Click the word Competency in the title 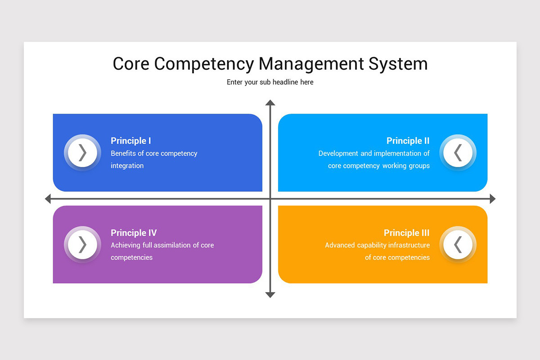pos(204,64)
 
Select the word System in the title pos(398,64)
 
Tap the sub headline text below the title pos(270,82)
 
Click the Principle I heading pos(131,141)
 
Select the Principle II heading pos(408,141)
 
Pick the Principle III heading pos(406,233)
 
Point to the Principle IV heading pos(134,233)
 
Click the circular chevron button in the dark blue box pos(82,153)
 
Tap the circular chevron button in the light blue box pos(458,153)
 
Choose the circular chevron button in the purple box pos(82,244)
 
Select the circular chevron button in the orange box pos(458,244)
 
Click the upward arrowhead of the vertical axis pos(270,103)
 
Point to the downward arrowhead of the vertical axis pos(270,295)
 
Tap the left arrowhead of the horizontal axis pos(48,198)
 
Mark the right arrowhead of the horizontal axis pos(492,198)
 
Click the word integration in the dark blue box pos(127,166)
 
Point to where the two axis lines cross pos(270,198)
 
